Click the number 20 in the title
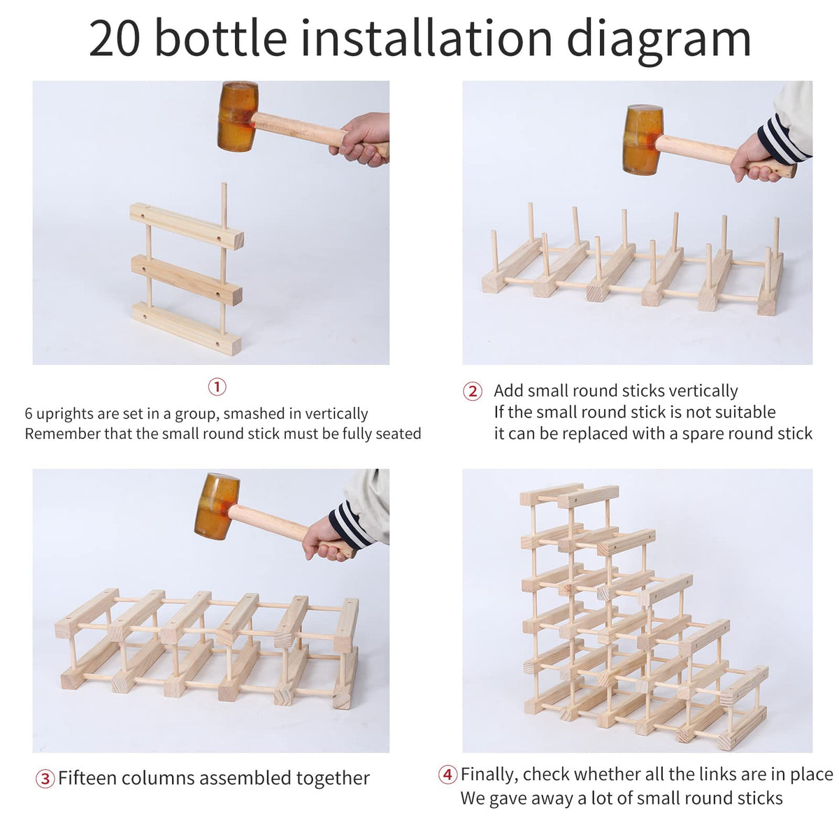click(115, 39)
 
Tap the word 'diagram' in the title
click(659, 42)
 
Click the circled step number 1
click(217, 387)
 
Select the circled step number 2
click(473, 392)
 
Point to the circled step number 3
click(45, 779)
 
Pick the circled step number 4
click(447, 775)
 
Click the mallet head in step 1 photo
click(237, 116)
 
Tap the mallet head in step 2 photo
click(643, 140)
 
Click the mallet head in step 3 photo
click(216, 506)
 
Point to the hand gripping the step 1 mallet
click(361, 139)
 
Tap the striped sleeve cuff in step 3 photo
click(351, 525)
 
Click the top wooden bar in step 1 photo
click(187, 226)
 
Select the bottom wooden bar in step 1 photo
click(187, 329)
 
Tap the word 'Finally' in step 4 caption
click(490, 775)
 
